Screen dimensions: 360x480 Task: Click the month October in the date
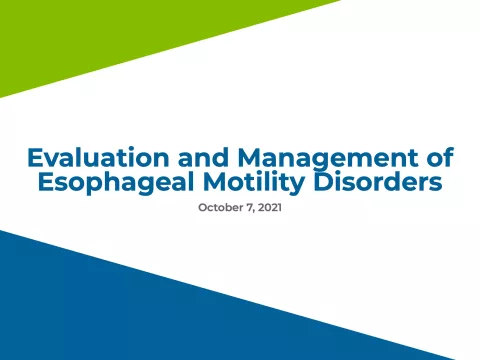pyautogui.click(x=222, y=208)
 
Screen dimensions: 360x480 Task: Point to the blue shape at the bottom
pyautogui.click(x=150, y=310)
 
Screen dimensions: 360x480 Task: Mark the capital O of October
pyautogui.click(x=203, y=208)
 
